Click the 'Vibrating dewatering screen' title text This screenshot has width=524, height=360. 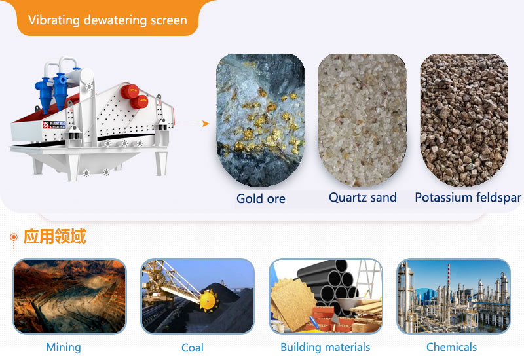(x=107, y=19)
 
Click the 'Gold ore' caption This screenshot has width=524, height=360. (x=261, y=198)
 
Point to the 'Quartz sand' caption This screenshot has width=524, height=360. (x=362, y=197)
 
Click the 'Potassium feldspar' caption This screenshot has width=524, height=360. (x=468, y=197)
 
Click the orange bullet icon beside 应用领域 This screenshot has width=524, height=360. (x=13, y=237)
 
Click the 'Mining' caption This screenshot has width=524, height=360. (x=64, y=348)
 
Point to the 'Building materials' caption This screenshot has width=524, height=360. (x=325, y=348)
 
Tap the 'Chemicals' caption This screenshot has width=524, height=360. (x=451, y=348)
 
